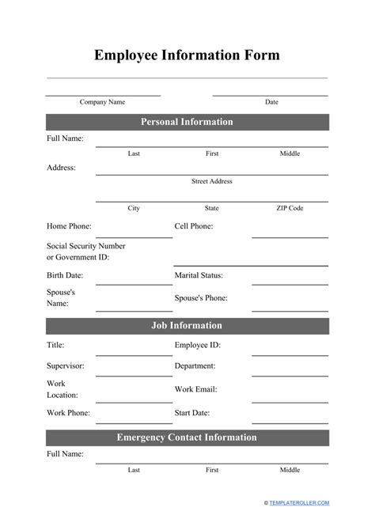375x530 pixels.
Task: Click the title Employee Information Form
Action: point(187,55)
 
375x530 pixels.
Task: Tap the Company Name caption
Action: point(102,102)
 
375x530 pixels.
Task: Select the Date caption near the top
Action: point(271,102)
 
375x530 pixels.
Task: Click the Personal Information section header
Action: point(187,122)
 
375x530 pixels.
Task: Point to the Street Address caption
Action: point(211,181)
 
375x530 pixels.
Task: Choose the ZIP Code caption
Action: point(290,208)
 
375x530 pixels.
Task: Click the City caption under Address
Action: point(134,208)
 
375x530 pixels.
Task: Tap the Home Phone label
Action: point(69,226)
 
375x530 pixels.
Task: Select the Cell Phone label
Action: point(193,226)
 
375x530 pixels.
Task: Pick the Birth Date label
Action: point(65,275)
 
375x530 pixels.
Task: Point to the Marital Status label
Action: point(199,275)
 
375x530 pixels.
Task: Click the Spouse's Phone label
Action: point(201,298)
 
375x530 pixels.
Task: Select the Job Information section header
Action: point(187,325)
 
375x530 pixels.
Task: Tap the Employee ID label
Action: point(197,345)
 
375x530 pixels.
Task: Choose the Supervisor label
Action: point(66,366)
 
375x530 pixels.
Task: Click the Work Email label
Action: point(195,389)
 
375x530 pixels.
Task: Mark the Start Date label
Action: point(191,413)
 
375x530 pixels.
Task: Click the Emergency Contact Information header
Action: point(187,437)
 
